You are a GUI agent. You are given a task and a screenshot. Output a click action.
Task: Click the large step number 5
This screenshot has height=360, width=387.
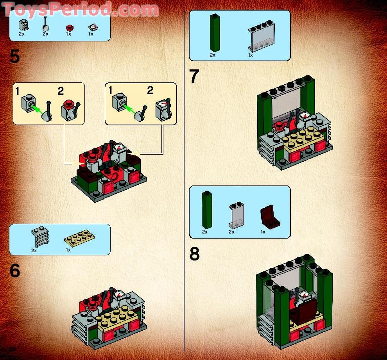(14, 57)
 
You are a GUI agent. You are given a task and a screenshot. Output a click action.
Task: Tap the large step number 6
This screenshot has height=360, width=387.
(14, 271)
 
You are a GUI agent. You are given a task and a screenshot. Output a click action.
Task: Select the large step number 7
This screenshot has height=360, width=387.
(194, 76)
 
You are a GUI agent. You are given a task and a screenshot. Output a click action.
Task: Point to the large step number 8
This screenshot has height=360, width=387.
(194, 254)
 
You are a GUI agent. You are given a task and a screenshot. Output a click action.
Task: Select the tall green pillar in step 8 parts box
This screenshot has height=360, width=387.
(207, 210)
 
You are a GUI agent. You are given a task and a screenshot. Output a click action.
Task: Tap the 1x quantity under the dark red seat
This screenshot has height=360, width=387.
(263, 232)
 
